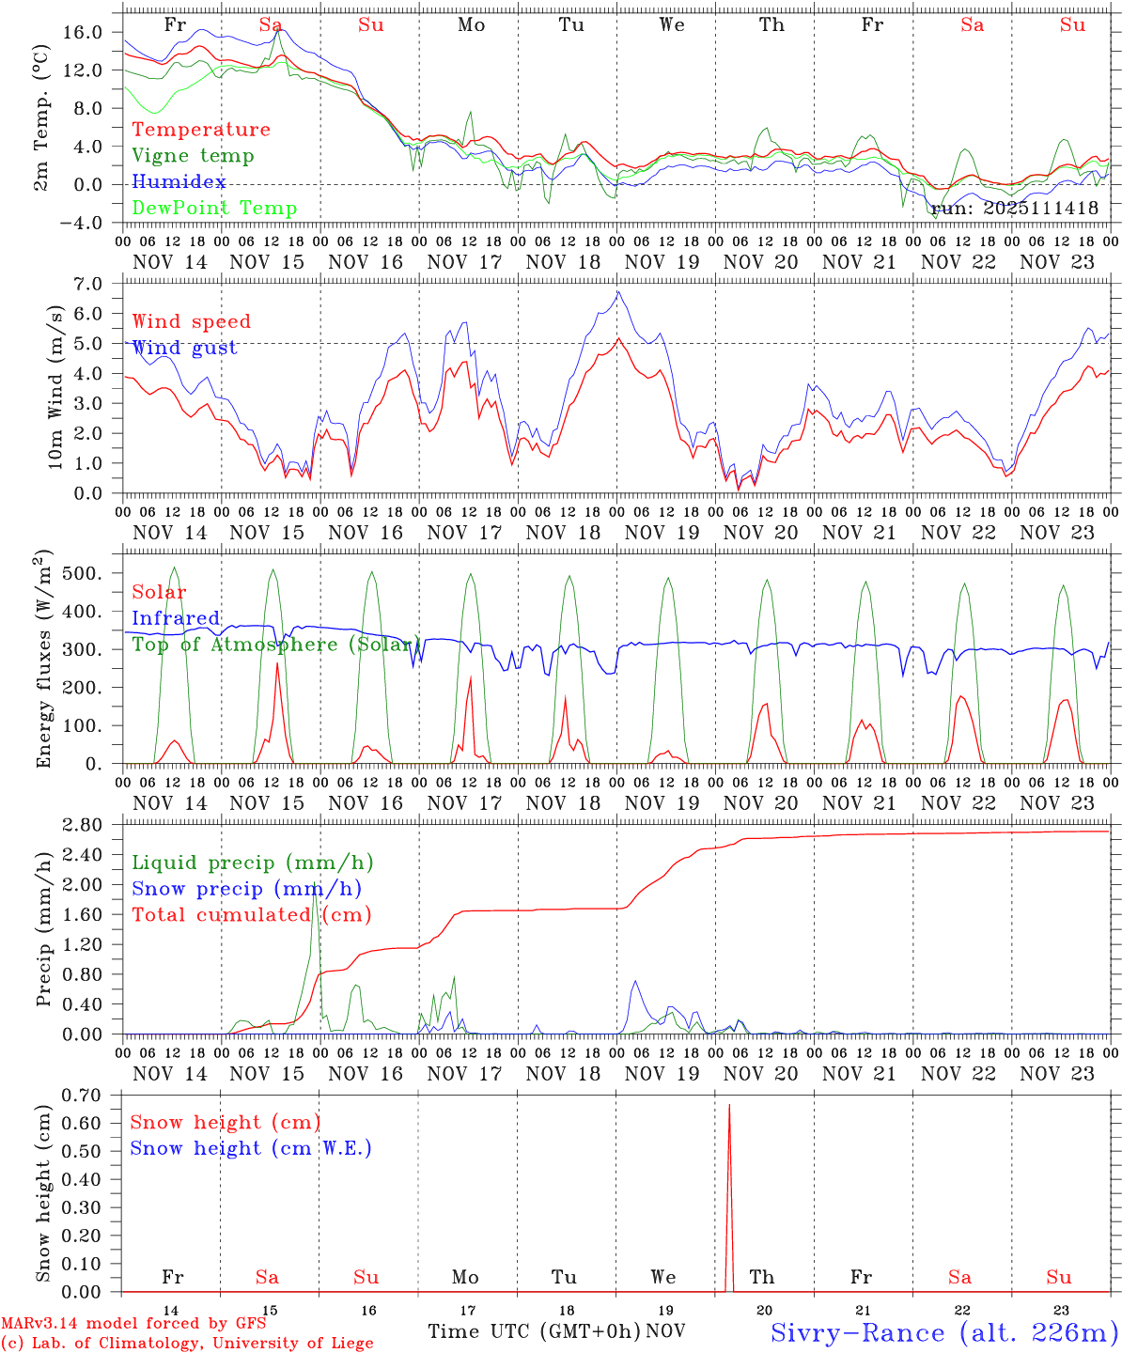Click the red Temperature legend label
pyautogui.click(x=201, y=130)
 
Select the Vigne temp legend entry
pyautogui.click(x=193, y=156)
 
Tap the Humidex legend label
pyautogui.click(x=179, y=182)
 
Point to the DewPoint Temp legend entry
pyautogui.click(x=214, y=209)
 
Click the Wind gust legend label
pyautogui.click(x=185, y=349)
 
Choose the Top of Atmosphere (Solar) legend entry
pyautogui.click(x=277, y=645)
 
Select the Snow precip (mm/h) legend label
pyautogui.click(x=247, y=889)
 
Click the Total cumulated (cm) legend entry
pyautogui.click(x=252, y=914)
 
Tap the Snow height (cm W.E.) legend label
pyautogui.click(x=251, y=1148)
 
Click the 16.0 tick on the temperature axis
pyautogui.click(x=83, y=32)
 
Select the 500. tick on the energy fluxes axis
pyautogui.click(x=84, y=573)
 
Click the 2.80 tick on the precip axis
pyautogui.click(x=83, y=824)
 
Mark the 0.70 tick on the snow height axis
pyautogui.click(x=83, y=1095)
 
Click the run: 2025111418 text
pyautogui.click(x=1014, y=209)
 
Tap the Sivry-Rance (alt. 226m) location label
pyautogui.click(x=943, y=1332)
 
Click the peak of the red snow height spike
pyautogui.click(x=729, y=1105)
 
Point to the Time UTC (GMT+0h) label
pyautogui.click(x=535, y=1331)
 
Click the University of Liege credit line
pyautogui.click(x=188, y=1343)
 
